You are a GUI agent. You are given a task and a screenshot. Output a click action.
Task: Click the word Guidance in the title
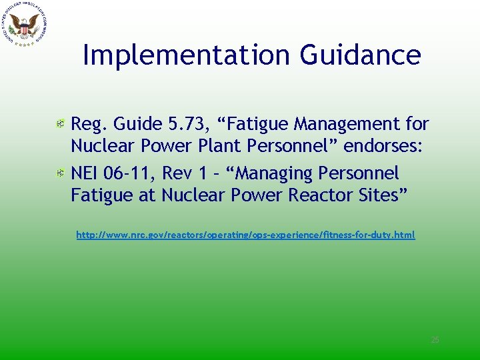[x=360, y=55]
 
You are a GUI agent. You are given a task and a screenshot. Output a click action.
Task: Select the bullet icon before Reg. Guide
[x=60, y=125]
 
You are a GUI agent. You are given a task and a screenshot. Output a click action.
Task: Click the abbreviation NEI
[x=85, y=173]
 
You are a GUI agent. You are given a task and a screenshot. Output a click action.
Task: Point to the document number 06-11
[x=129, y=173]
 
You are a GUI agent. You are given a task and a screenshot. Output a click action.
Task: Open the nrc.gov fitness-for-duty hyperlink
[x=245, y=235]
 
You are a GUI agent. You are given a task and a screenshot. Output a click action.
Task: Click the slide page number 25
[x=435, y=340]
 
